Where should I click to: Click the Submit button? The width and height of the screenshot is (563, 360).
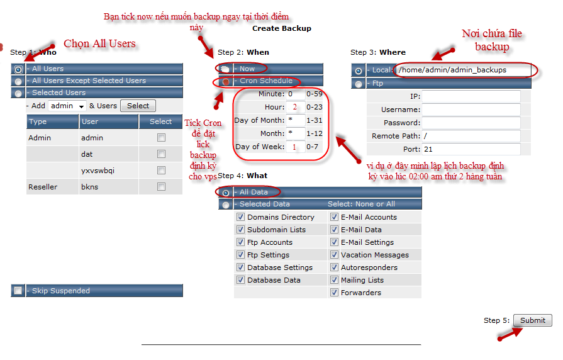tap(532, 320)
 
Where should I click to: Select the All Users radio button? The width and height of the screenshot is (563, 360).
tap(18, 69)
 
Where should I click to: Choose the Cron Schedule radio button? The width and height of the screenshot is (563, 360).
tap(225, 82)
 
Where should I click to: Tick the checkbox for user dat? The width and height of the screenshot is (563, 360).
tap(161, 154)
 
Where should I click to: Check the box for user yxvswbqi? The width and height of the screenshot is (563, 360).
tap(161, 171)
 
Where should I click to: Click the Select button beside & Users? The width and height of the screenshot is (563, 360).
tap(138, 106)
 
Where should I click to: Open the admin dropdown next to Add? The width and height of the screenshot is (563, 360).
tap(67, 106)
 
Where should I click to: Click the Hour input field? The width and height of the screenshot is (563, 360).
tap(295, 107)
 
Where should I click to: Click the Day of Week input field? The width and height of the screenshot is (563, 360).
tap(295, 147)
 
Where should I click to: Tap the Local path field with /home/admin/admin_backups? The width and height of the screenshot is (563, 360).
tap(463, 70)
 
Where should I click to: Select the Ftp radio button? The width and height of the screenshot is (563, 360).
tap(359, 84)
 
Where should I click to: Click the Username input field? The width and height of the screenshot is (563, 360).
tap(471, 110)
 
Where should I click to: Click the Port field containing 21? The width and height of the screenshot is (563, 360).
tap(471, 149)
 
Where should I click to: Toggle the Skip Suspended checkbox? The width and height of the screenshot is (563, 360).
tap(18, 290)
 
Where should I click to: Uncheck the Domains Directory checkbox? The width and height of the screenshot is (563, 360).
tap(240, 217)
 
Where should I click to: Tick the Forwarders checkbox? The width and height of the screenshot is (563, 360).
tap(334, 293)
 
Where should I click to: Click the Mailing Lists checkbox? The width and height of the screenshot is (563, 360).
tap(334, 280)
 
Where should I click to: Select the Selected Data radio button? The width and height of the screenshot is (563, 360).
tap(225, 205)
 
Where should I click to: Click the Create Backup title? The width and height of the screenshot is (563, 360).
tap(282, 28)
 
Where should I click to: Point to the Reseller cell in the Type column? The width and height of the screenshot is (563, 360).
tap(43, 187)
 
